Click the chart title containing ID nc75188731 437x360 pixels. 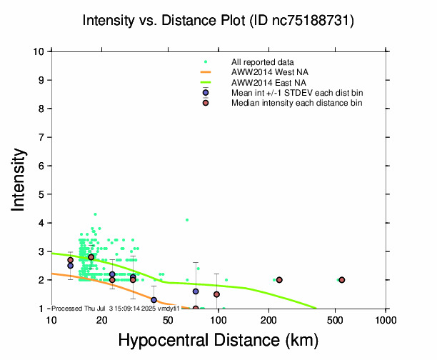tap(218, 21)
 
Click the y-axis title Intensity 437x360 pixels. tap(20, 179)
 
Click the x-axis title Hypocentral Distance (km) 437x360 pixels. tap(218, 341)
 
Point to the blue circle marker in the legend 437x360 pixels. tap(206, 93)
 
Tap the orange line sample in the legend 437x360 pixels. tap(206, 72)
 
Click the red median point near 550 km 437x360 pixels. tap(342, 280)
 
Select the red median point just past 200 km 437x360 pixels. tap(279, 280)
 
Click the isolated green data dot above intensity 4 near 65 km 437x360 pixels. tap(187, 220)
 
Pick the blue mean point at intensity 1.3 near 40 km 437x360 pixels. tap(154, 300)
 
